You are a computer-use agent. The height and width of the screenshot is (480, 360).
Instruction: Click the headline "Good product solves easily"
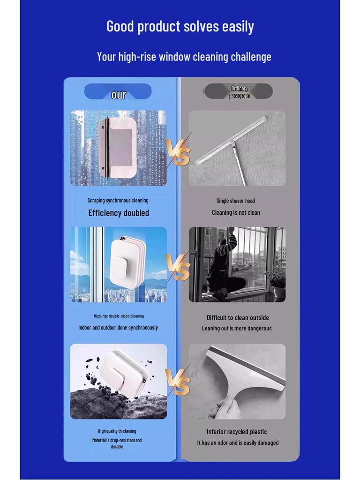(180, 26)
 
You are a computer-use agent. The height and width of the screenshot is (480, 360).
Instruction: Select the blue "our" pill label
(118, 92)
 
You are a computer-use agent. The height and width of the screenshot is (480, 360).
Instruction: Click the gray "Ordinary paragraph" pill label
(239, 92)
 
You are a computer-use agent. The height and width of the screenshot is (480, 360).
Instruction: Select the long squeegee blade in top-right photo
(232, 139)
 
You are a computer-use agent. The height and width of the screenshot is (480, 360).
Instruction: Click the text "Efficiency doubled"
(119, 213)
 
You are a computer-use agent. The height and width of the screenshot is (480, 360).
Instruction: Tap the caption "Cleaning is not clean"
(236, 212)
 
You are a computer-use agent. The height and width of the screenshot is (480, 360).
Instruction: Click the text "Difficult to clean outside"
(238, 317)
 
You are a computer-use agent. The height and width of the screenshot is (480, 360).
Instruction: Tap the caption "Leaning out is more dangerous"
(237, 329)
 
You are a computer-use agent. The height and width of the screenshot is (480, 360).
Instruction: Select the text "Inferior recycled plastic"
(237, 432)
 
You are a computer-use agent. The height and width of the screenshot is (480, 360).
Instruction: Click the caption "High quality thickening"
(117, 431)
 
